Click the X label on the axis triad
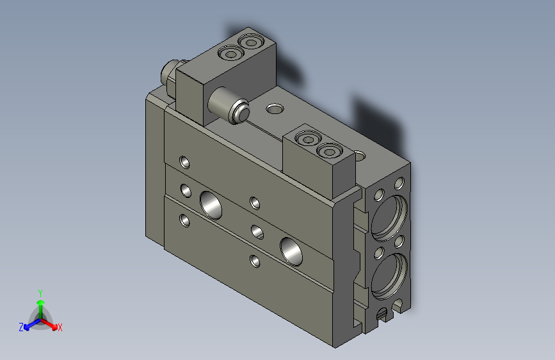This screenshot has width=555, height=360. (x=60, y=327)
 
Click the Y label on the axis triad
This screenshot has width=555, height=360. (x=40, y=291)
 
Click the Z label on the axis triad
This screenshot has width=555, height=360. (x=21, y=327)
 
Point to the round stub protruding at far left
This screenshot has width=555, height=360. (x=170, y=70)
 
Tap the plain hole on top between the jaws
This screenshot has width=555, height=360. (x=274, y=109)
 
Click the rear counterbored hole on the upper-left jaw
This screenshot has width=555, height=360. (x=250, y=43)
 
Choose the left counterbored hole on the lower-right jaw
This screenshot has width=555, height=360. (x=309, y=140)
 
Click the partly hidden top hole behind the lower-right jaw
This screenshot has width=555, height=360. (x=360, y=155)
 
